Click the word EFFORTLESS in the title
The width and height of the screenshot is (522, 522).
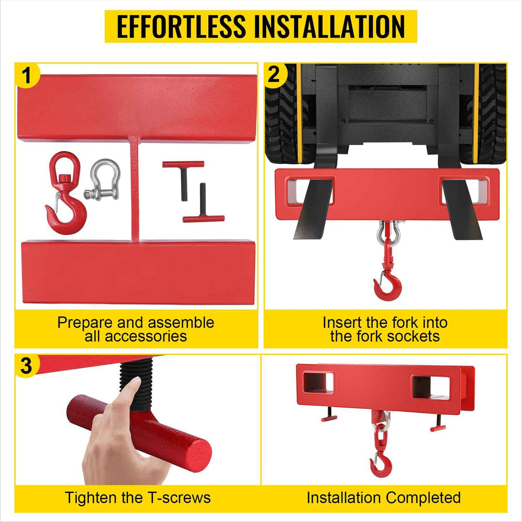tap(182, 26)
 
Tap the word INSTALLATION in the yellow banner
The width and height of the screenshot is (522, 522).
tap(329, 26)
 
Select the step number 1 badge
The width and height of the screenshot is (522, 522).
tap(27, 75)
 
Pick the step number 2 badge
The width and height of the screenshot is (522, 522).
tap(274, 75)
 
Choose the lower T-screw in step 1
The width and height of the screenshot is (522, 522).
tap(204, 203)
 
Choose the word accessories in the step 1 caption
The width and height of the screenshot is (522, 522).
tap(136, 337)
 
